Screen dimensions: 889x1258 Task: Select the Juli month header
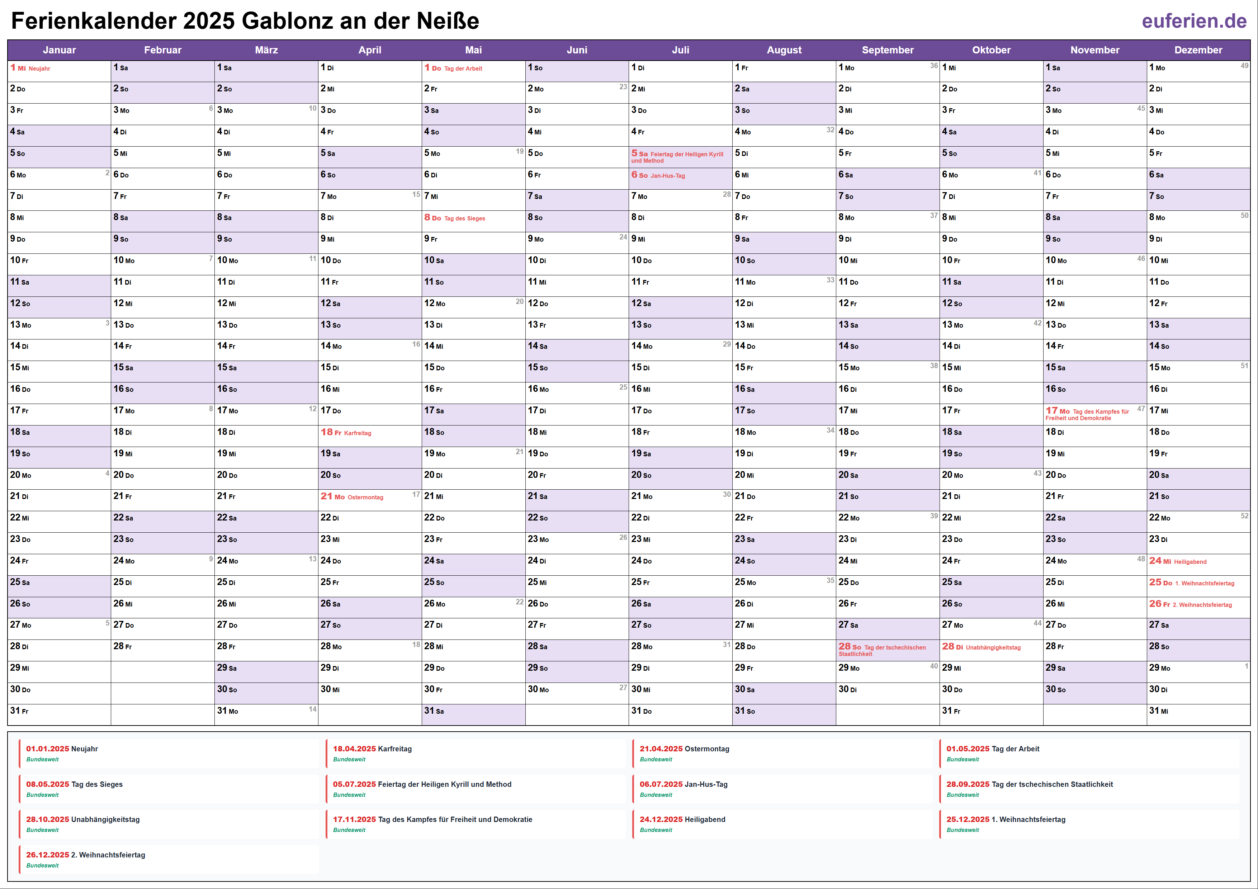click(x=681, y=50)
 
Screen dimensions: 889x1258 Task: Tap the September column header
click(x=888, y=50)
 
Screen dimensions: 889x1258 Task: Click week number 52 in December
click(x=1244, y=516)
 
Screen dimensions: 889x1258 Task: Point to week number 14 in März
click(x=312, y=709)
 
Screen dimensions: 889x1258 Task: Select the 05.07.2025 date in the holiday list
click(x=354, y=784)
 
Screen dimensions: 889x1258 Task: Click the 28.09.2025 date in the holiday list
click(x=968, y=784)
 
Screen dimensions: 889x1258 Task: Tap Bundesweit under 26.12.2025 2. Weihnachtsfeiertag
click(x=42, y=865)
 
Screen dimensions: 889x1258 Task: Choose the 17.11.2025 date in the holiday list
click(x=354, y=819)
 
